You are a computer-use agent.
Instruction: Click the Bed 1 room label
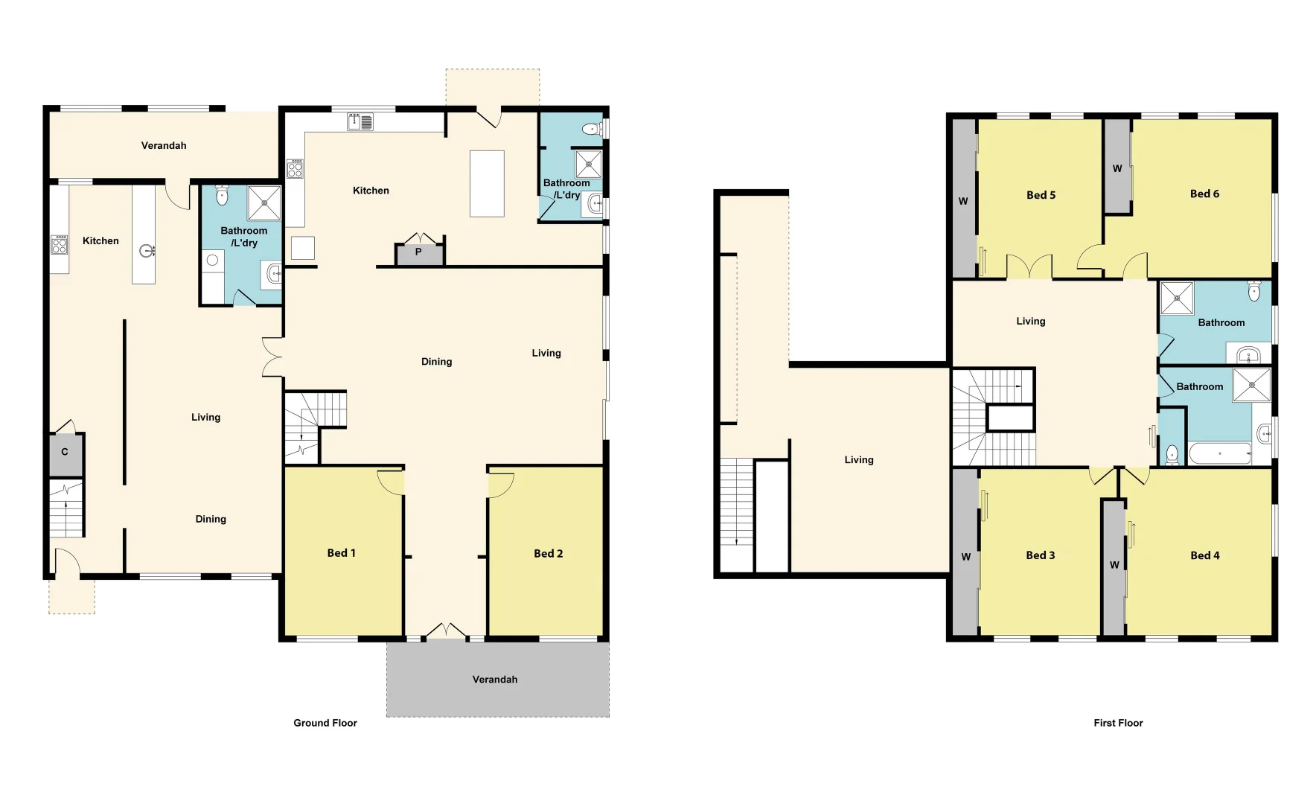click(x=341, y=553)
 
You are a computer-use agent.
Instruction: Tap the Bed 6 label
click(x=1204, y=194)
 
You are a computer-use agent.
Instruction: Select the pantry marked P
click(x=419, y=253)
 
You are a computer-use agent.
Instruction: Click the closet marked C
click(x=65, y=452)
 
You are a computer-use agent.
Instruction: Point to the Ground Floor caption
click(x=325, y=723)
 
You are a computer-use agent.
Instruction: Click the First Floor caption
click(x=1118, y=723)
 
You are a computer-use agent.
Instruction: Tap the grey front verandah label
click(x=495, y=680)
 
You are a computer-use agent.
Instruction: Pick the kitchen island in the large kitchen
click(x=487, y=184)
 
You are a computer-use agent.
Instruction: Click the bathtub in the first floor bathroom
click(x=1219, y=453)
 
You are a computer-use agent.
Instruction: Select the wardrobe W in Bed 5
click(x=963, y=201)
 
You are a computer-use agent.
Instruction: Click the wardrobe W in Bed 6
click(x=1117, y=169)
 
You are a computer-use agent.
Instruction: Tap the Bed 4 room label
click(x=1204, y=555)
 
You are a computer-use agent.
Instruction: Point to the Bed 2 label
click(x=548, y=554)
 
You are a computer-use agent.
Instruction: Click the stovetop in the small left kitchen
click(x=59, y=244)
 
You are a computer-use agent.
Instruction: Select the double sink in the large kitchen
click(x=360, y=121)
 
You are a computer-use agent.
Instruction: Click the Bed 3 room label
click(x=1040, y=555)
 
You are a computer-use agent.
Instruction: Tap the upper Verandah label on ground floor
click(x=164, y=146)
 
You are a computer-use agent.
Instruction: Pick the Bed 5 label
click(x=1041, y=196)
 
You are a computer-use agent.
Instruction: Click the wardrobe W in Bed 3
click(x=965, y=557)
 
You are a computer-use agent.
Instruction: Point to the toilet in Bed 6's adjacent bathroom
click(x=1254, y=291)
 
